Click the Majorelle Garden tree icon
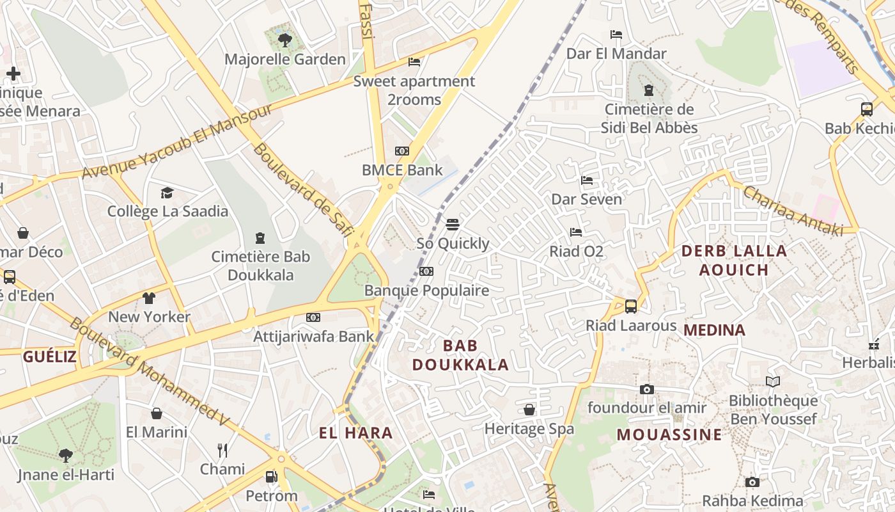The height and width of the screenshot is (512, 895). coord(285,40)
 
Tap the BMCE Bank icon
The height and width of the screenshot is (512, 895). coord(401,151)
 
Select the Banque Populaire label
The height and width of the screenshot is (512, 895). coord(426,291)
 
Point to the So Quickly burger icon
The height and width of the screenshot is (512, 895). coord(453,225)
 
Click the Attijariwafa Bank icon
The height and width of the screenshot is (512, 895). coord(313,317)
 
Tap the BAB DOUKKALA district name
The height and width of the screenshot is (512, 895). coord(460,355)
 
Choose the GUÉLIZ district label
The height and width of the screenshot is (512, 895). coord(50,356)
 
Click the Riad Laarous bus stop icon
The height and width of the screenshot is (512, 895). coord(631,307)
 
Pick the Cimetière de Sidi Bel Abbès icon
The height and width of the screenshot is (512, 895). coord(649,90)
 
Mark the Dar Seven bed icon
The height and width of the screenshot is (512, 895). coord(587,180)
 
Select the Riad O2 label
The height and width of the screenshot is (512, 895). coord(576,252)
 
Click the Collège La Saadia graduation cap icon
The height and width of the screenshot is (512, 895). coord(167,193)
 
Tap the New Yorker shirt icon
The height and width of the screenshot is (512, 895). coord(149,298)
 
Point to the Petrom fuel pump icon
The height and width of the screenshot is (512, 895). coord(272,477)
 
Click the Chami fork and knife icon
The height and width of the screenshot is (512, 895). coord(222,451)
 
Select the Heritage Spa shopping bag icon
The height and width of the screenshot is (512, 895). coord(529,410)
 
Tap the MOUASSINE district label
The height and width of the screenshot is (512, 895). coord(669,435)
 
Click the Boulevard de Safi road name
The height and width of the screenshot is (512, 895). coord(303,190)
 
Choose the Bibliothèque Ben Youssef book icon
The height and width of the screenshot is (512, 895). coord(773,382)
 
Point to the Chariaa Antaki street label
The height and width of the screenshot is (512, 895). coord(793,211)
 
